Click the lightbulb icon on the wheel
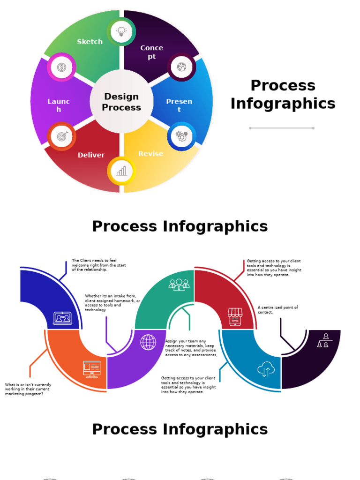pyautogui.click(x=121, y=32)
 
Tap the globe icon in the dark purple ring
pyautogui.click(x=181, y=67)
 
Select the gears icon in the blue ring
pyautogui.click(x=181, y=136)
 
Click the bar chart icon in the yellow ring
pyautogui.click(x=121, y=171)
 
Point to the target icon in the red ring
pyautogui.click(x=61, y=136)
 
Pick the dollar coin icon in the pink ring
pyautogui.click(x=61, y=67)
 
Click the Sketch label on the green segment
pyautogui.click(x=90, y=42)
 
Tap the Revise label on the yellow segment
pyautogui.click(x=150, y=154)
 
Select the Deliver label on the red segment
pyautogui.click(x=91, y=155)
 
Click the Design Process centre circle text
pyautogui.click(x=121, y=102)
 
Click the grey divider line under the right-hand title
pyautogui.click(x=282, y=128)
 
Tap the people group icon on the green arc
pyautogui.click(x=179, y=285)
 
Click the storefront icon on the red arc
pyautogui.click(x=234, y=316)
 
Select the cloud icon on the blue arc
pyautogui.click(x=266, y=369)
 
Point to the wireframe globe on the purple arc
pyautogui.click(x=148, y=342)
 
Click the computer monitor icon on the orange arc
pyautogui.click(x=92, y=369)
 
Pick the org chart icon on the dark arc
pyautogui.click(x=322, y=341)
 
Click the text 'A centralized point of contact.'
pyautogui.click(x=277, y=310)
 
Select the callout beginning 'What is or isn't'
pyautogui.click(x=28, y=389)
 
